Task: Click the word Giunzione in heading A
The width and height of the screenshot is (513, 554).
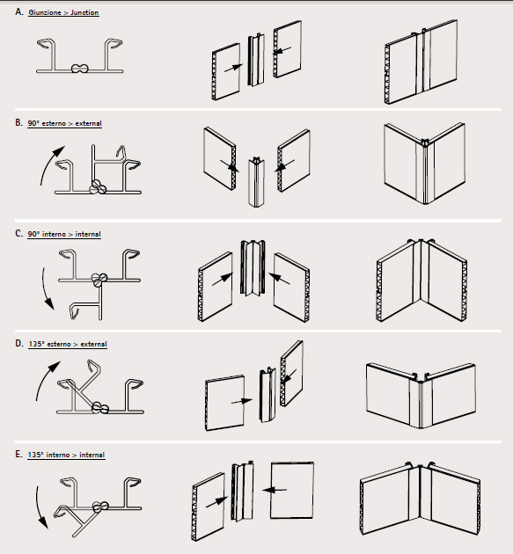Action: point(45,12)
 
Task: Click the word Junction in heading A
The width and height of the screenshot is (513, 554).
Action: point(84,12)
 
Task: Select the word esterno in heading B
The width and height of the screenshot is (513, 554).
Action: point(54,123)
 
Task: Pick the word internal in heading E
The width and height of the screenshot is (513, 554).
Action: point(92,455)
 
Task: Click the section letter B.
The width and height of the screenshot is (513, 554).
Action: point(18,123)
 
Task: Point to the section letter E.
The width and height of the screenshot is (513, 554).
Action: point(18,455)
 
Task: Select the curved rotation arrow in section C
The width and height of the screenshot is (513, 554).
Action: point(45,289)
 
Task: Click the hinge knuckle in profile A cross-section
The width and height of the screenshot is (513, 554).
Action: point(79,69)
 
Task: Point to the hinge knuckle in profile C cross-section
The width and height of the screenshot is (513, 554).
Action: point(99,279)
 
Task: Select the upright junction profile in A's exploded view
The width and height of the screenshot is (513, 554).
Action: point(255,60)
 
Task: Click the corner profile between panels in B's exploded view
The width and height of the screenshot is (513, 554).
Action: point(256,182)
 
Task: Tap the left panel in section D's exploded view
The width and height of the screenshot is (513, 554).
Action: point(225,403)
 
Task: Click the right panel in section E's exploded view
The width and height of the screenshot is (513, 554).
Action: point(292,491)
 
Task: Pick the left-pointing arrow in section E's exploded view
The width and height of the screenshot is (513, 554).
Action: point(275,490)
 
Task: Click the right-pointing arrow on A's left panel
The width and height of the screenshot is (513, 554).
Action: point(234,69)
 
